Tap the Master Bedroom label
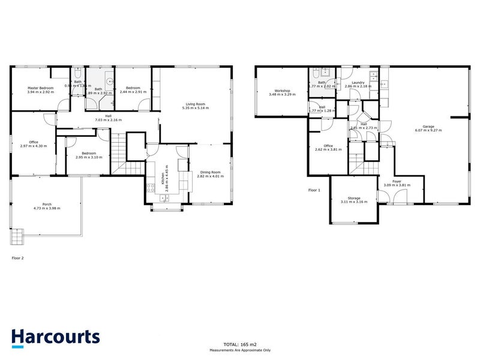pyautogui.click(x=41, y=88)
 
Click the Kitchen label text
pyautogui.click(x=161, y=174)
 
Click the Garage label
pyautogui.click(x=428, y=127)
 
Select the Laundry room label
pyautogui.click(x=359, y=83)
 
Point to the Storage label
pyautogui.click(x=354, y=198)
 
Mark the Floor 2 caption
pyautogui.click(x=19, y=259)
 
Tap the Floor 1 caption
pyautogui.click(x=314, y=190)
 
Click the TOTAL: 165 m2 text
pyautogui.click(x=240, y=345)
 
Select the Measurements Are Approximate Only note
pyautogui.click(x=240, y=350)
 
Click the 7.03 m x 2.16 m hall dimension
pyautogui.click(x=108, y=121)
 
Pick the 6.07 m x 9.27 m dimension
pyautogui.click(x=428, y=131)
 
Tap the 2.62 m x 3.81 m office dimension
pyautogui.click(x=328, y=150)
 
